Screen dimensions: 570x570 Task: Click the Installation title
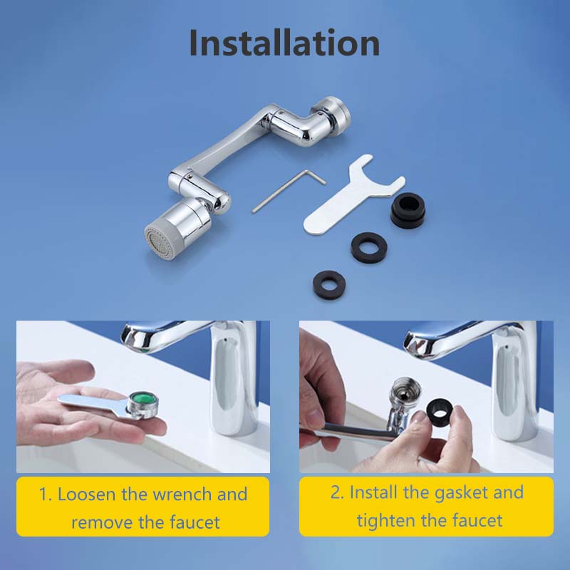[284, 43]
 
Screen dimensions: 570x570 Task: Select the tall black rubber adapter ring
[407, 210]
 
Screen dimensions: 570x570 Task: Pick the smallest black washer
[329, 286]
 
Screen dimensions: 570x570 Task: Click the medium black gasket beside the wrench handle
[368, 247]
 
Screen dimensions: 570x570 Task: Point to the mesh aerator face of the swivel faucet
[158, 242]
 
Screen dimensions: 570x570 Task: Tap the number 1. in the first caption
[46, 494]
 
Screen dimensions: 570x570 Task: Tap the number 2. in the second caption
[337, 492]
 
